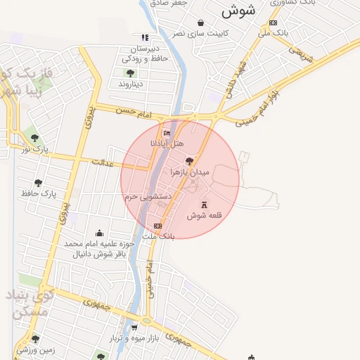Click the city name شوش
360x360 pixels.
coord(237,11)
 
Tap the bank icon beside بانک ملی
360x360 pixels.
coord(273,22)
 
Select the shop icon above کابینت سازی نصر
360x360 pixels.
coord(200,23)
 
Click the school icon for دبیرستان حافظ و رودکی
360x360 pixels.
coord(145,38)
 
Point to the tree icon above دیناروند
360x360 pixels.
coord(131,73)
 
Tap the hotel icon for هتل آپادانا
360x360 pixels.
coord(167,133)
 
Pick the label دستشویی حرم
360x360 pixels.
coord(149,198)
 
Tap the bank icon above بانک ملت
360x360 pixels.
coord(157,226)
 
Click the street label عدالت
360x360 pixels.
coord(103,162)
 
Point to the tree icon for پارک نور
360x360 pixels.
coord(36,138)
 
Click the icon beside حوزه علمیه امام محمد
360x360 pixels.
coord(99,233)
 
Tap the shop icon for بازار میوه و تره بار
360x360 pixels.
coord(134,328)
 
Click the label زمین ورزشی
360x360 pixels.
coord(36,349)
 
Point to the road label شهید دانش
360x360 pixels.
coord(232,84)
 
